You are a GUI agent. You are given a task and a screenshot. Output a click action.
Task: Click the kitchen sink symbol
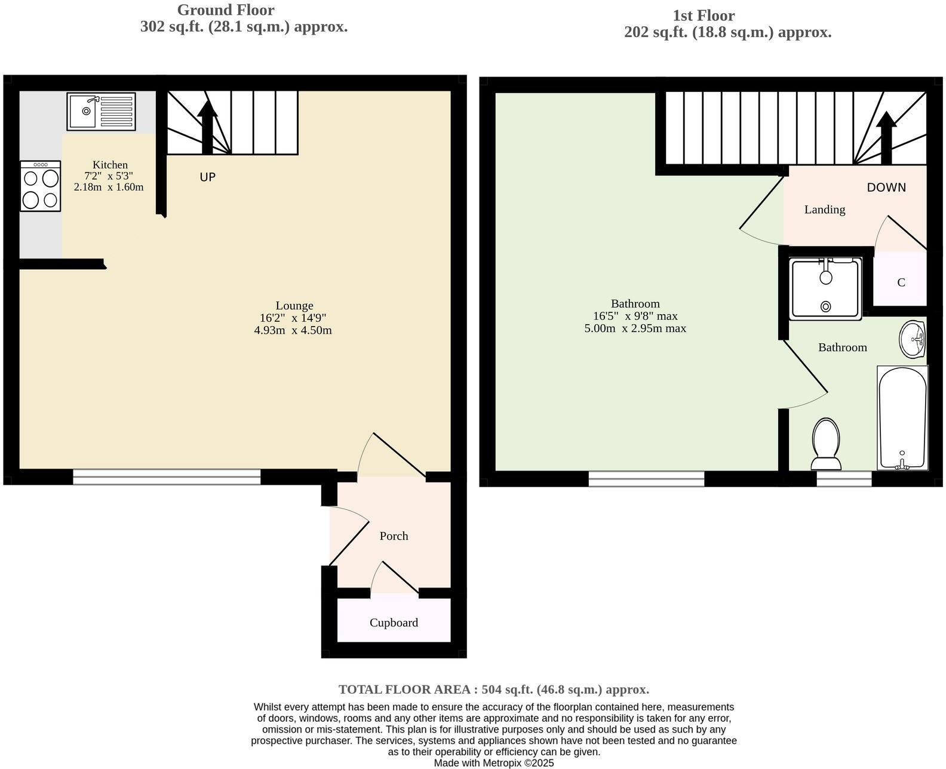(101, 112)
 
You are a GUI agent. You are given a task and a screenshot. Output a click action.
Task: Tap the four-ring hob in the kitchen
(41, 186)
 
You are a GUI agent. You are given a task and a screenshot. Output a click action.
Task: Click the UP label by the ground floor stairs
(207, 177)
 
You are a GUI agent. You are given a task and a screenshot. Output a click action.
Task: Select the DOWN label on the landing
(886, 187)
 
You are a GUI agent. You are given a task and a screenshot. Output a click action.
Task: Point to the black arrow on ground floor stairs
(207, 127)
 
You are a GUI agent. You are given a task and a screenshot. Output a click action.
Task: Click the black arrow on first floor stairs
(886, 137)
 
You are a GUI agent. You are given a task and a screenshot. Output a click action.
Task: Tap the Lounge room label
(294, 306)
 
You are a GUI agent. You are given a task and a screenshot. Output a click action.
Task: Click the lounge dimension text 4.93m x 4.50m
(293, 330)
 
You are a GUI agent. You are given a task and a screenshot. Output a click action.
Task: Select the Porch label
(394, 536)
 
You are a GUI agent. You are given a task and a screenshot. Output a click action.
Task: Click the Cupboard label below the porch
(394, 623)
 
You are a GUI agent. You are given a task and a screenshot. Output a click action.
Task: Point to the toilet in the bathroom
(826, 445)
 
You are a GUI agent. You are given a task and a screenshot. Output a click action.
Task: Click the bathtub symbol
(902, 418)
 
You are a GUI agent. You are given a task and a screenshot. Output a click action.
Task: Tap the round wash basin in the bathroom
(913, 339)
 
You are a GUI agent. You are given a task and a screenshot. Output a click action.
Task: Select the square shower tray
(825, 289)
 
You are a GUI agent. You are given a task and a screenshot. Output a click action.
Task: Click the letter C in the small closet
(901, 282)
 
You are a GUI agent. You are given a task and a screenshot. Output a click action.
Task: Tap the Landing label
(824, 210)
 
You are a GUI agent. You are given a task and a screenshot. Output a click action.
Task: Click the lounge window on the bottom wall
(167, 476)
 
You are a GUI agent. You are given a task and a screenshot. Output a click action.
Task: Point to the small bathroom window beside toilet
(844, 478)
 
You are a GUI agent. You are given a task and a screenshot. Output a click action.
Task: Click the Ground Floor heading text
(226, 10)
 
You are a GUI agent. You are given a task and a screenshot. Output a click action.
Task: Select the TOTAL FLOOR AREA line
(493, 690)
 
